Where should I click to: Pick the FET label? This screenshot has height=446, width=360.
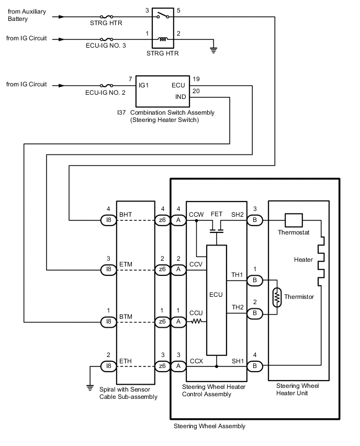coord(217,215)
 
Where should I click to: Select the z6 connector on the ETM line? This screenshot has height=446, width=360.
coord(163,269)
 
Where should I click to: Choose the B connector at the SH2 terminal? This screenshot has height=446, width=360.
coord(255,220)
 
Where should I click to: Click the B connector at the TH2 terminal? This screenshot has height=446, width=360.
coord(255,313)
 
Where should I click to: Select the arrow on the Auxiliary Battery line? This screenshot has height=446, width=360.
coord(62,17)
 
